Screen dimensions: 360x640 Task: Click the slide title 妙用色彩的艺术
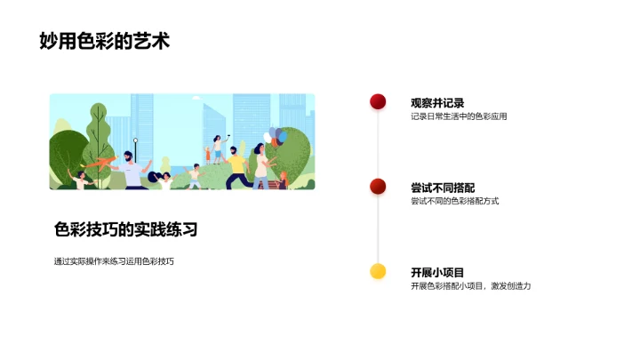(x=105, y=41)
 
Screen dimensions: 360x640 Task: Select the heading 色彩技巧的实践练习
(x=125, y=229)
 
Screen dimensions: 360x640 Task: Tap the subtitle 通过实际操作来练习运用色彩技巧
(x=114, y=261)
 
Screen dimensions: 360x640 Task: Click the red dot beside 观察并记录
(x=378, y=101)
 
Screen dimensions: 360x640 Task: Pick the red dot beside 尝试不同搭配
(x=378, y=186)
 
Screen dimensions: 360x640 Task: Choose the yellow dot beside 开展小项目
(x=378, y=271)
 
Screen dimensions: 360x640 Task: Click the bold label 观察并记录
(x=437, y=103)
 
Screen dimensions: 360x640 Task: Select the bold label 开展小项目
(x=437, y=272)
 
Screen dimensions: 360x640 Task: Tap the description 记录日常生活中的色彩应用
(x=459, y=116)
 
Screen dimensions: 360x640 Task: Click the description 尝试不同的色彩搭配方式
(x=454, y=201)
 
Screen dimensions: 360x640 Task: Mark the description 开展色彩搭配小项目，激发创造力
(x=470, y=286)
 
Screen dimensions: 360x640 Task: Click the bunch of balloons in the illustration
(x=276, y=136)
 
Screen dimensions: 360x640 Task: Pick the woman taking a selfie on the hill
(x=219, y=146)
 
